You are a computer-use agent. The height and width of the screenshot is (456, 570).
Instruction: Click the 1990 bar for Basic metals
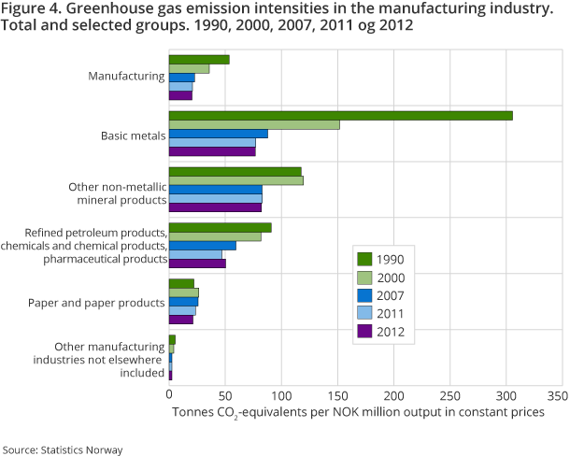(x=340, y=115)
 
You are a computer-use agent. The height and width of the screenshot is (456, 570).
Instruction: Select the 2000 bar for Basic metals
(x=254, y=124)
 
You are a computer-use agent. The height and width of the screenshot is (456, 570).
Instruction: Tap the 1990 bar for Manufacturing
(x=199, y=59)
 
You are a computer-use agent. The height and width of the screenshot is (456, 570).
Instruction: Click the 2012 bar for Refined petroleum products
(x=197, y=264)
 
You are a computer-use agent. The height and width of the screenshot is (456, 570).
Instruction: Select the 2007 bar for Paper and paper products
(x=183, y=301)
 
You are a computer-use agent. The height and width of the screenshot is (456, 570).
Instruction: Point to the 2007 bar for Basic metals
(x=218, y=134)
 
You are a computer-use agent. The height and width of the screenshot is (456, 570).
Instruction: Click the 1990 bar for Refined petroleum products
(x=220, y=227)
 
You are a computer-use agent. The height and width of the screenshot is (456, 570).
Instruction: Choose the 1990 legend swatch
(x=365, y=259)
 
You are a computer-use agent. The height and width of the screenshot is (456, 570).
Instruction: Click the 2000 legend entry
(x=390, y=277)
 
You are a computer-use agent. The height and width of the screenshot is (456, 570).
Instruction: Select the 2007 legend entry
(x=390, y=294)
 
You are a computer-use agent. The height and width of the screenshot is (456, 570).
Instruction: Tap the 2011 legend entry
(x=390, y=312)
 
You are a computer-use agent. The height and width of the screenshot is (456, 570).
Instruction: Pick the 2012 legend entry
(x=390, y=330)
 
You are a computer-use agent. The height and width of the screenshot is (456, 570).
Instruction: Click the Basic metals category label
(x=133, y=135)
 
